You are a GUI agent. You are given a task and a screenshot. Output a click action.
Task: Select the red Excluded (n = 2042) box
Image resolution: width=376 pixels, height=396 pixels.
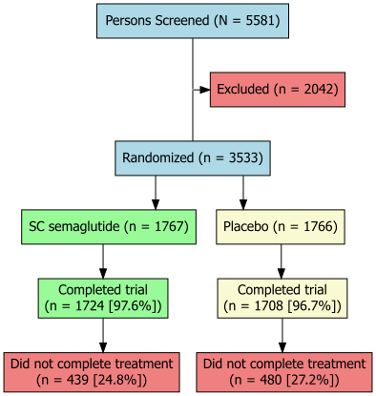point(276,90)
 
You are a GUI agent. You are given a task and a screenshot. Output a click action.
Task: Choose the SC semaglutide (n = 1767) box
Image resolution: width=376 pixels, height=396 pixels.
point(102,227)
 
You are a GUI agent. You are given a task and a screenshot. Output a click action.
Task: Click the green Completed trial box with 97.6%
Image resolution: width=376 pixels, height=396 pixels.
point(102,298)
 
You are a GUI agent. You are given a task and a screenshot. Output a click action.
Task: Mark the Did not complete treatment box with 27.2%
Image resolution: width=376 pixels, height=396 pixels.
point(284,370)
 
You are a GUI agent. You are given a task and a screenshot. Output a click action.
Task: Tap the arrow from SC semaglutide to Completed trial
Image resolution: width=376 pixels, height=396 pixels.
point(102,262)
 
